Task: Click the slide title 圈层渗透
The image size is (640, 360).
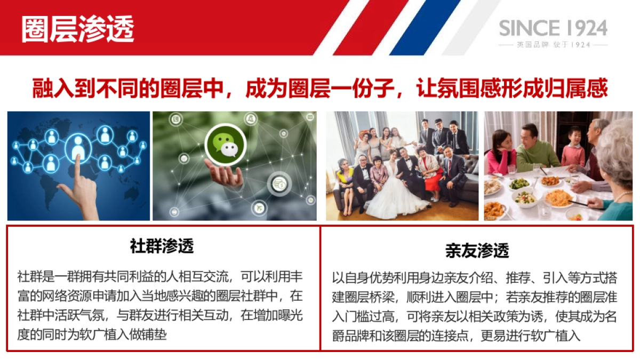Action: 78,28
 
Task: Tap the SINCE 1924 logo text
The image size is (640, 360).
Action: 553,28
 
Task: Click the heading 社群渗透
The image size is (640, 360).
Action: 162,246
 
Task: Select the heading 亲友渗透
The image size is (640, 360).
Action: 477,250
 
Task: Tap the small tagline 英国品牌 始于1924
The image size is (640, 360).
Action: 553,45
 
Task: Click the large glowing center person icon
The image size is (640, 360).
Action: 78,148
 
